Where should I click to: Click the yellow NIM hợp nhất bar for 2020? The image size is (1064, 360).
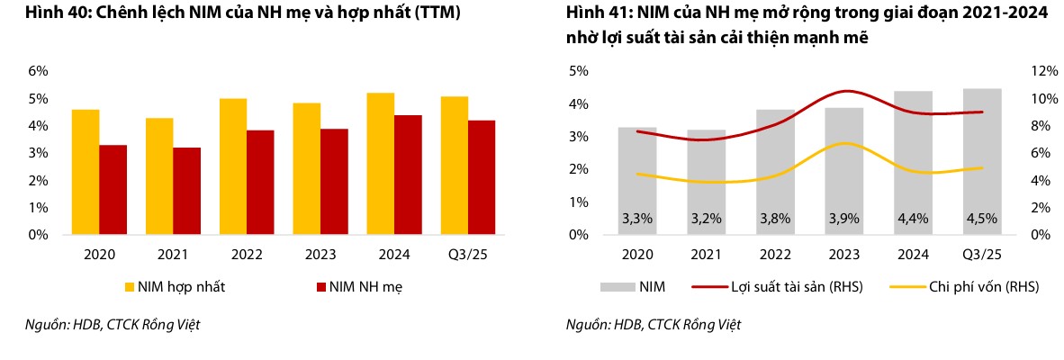pyautogui.click(x=86, y=172)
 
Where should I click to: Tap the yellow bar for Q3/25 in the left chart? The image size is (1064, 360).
pyautogui.click(x=455, y=166)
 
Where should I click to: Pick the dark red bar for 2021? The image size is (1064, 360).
pyautogui.click(x=186, y=191)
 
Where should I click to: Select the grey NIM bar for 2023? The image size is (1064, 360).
pyautogui.click(x=845, y=171)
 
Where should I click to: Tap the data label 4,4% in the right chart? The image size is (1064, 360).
pyautogui.click(x=913, y=218)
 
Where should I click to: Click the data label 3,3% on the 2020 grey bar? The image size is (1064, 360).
pyautogui.click(x=637, y=218)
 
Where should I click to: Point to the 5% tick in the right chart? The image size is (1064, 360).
pyautogui.click(x=576, y=71)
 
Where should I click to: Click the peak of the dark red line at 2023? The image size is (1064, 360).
pyautogui.click(x=845, y=91)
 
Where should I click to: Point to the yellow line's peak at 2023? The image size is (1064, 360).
pyautogui.click(x=845, y=143)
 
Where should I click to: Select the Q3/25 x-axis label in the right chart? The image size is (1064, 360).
pyautogui.click(x=982, y=255)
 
